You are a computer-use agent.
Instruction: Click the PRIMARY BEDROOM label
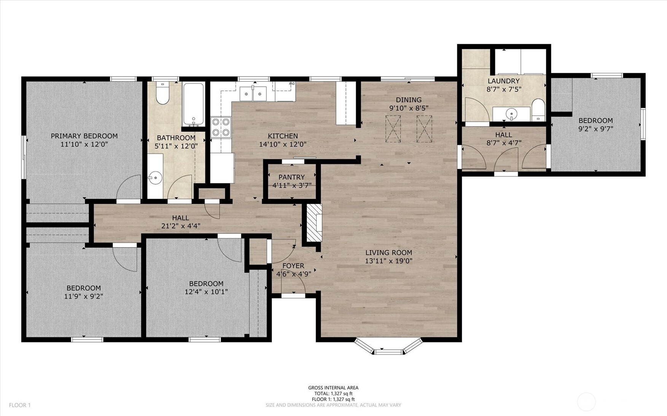84,136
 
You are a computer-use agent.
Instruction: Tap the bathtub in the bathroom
194,104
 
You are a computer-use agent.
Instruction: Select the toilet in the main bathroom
162,93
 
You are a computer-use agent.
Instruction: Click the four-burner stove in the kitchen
221,127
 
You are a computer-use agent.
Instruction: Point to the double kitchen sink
253,94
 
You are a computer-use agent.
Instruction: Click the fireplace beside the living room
314,222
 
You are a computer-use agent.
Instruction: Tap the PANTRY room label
291,177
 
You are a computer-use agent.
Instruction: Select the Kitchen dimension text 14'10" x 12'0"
283,144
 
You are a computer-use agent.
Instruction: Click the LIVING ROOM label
388,252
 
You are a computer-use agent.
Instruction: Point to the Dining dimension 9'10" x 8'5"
409,108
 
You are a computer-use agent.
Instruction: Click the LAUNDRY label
503,81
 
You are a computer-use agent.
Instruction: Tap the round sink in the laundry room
511,113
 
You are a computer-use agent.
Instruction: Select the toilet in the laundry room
538,110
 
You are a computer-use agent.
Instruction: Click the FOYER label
293,266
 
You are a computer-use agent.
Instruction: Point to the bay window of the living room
388,346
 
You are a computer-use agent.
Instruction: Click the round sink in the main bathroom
155,177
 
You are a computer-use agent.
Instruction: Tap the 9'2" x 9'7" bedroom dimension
595,129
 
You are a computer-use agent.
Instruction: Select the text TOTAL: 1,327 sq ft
333,394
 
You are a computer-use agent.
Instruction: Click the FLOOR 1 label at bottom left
20,405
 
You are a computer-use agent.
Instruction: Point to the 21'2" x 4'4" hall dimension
181,226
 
